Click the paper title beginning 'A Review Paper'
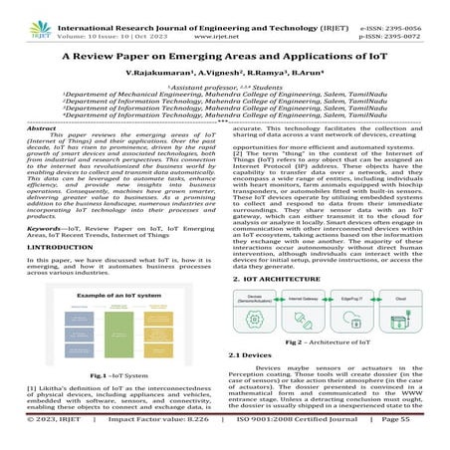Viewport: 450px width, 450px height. pos(225,58)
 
